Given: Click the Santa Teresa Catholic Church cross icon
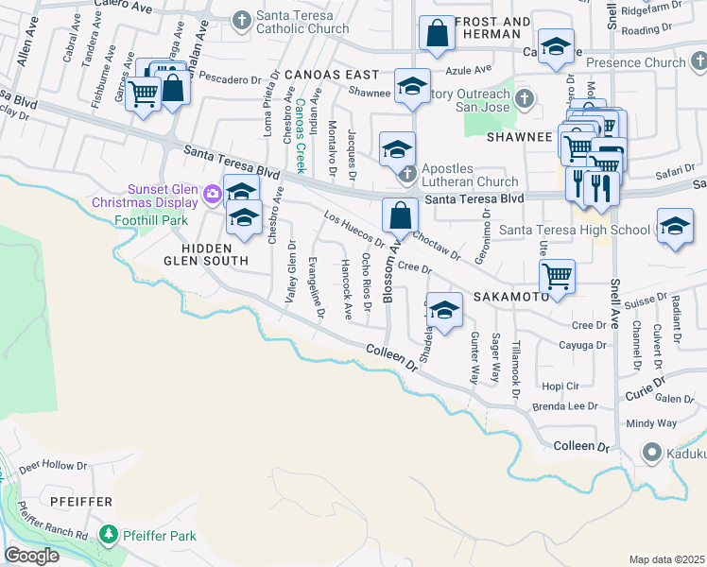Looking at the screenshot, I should pyautogui.click(x=242, y=20).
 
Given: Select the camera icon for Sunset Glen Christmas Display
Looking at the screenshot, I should pyautogui.click(x=213, y=195).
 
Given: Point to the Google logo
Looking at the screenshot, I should pyautogui.click(x=32, y=556).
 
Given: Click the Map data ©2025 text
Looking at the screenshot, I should pyautogui.click(x=666, y=559).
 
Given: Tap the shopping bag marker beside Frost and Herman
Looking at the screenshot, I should pyautogui.click(x=437, y=35).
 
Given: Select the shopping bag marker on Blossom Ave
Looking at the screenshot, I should pyautogui.click(x=401, y=215).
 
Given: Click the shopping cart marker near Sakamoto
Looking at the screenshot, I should pyautogui.click(x=558, y=277).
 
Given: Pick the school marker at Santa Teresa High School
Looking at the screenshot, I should pyautogui.click(x=674, y=227).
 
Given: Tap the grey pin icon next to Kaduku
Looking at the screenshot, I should pyautogui.click(x=650, y=453).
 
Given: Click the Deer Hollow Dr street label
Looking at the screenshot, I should pyautogui.click(x=53, y=466).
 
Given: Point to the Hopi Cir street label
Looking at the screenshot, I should pyautogui.click(x=560, y=387).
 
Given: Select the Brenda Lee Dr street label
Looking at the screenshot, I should pyautogui.click(x=565, y=406).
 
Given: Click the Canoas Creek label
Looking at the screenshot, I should pyautogui.click(x=301, y=135).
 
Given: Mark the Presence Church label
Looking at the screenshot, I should pyautogui.click(x=635, y=63).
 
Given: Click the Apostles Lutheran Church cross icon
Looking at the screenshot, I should pyautogui.click(x=406, y=173).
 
